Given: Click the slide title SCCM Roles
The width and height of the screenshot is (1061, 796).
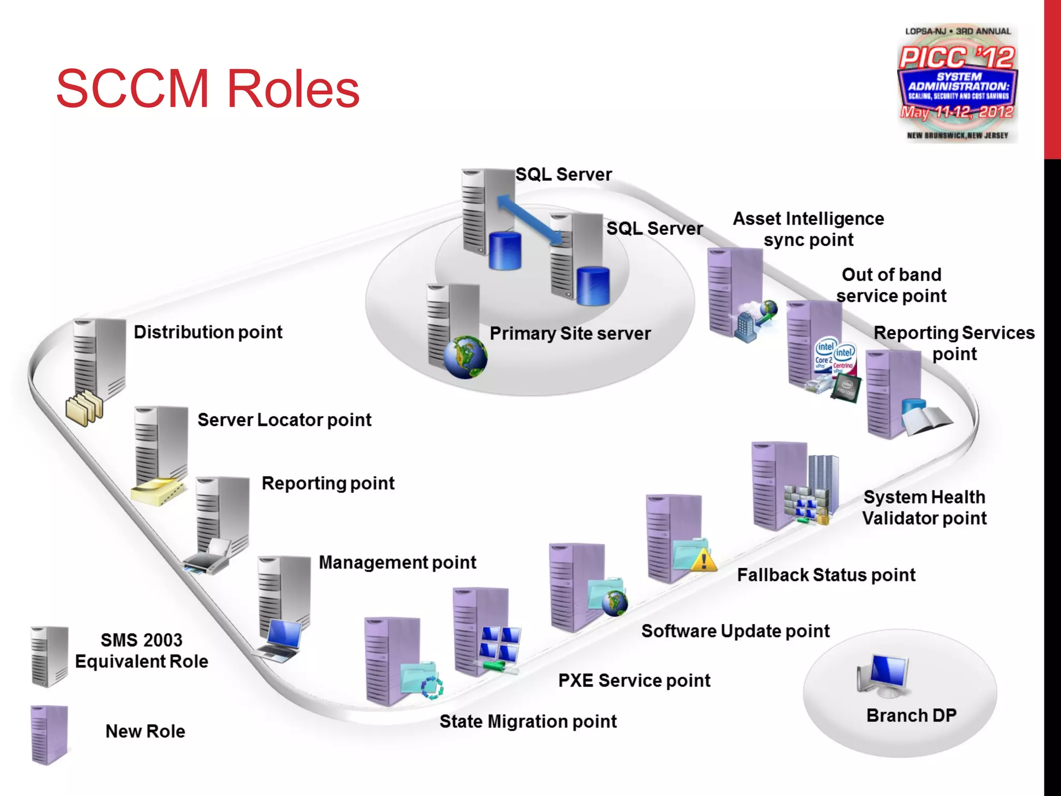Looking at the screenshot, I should pyautogui.click(x=207, y=89).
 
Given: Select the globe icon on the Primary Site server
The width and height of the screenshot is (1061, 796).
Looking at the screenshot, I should pyautogui.click(x=465, y=357).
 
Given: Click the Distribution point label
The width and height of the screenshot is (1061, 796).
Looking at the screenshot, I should pyautogui.click(x=208, y=332).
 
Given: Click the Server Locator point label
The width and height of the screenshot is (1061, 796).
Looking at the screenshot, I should pyautogui.click(x=284, y=420).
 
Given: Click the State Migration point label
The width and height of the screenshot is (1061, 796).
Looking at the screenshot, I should pyautogui.click(x=528, y=721).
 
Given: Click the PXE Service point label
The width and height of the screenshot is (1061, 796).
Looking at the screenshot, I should pyautogui.click(x=634, y=680).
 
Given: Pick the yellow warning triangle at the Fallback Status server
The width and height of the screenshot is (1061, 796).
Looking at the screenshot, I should pyautogui.click(x=704, y=560).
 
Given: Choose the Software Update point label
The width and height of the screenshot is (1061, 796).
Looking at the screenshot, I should pyautogui.click(x=735, y=631).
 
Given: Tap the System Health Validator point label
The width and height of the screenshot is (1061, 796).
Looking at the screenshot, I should pyautogui.click(x=924, y=508).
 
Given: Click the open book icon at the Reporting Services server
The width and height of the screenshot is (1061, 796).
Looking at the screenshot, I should pyautogui.click(x=927, y=418).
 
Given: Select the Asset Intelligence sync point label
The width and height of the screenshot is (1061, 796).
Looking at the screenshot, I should pyautogui.click(x=808, y=229).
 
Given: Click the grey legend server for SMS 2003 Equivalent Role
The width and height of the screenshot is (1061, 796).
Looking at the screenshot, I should pyautogui.click(x=49, y=656).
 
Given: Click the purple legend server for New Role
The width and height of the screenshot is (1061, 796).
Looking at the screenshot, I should pyautogui.click(x=49, y=734).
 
